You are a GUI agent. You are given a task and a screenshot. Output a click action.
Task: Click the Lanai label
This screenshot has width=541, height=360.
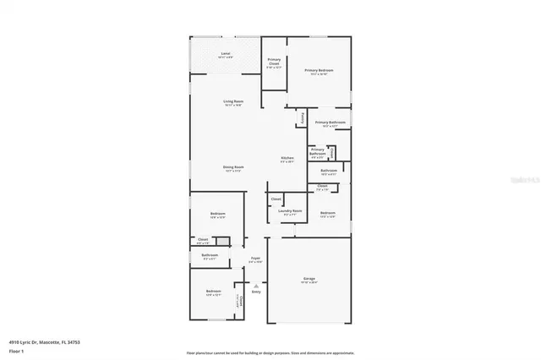point(226,54)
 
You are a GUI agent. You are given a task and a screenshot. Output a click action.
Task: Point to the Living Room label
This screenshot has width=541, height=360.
point(233,101)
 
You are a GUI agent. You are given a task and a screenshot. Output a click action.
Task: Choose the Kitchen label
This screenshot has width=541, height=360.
point(287,158)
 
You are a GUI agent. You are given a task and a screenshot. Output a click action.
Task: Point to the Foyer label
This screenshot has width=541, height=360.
point(255,259)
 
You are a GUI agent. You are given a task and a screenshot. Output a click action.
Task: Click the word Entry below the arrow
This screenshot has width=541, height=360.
point(255,292)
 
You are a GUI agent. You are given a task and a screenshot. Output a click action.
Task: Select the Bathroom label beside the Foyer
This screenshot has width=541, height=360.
point(210,255)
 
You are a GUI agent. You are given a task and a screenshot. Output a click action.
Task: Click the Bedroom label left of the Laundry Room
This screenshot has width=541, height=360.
point(218,214)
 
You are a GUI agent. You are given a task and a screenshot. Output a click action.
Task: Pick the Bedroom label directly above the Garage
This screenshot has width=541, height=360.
point(328,212)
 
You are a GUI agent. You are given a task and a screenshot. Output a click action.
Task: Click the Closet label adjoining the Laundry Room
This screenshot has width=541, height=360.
point(276,199)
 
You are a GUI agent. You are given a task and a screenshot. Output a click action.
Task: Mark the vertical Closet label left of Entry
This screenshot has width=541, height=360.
point(239,301)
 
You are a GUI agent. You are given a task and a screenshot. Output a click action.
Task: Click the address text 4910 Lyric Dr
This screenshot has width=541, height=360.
point(25,341)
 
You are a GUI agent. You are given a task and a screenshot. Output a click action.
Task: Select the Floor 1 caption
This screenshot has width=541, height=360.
point(15,350)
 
